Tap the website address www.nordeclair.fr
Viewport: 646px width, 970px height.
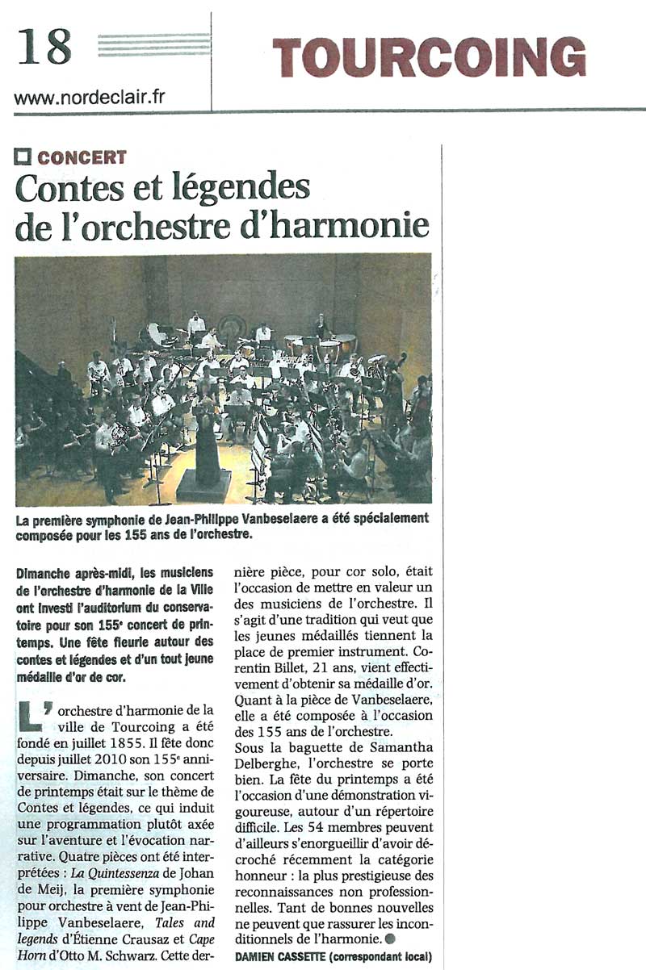pos(90,98)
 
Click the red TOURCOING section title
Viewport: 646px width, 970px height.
pos(429,57)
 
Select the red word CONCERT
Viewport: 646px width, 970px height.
pos(82,158)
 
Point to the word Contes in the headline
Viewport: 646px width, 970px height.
pos(66,189)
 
